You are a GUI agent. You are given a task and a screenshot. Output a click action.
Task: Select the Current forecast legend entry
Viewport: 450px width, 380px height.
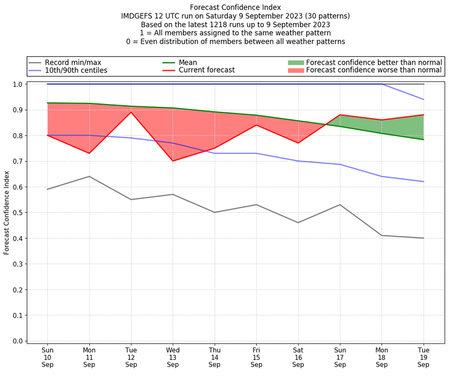(206, 70)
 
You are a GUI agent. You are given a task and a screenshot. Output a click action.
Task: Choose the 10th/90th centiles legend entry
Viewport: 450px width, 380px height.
(76, 70)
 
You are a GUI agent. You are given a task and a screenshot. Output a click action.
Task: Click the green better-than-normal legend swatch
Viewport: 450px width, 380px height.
(295, 62)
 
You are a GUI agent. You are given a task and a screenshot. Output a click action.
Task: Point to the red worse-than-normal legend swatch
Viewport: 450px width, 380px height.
(295, 70)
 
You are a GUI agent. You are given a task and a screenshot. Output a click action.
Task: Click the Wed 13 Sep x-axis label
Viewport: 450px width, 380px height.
(173, 357)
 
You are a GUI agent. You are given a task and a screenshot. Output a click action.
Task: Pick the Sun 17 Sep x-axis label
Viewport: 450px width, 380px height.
(340, 357)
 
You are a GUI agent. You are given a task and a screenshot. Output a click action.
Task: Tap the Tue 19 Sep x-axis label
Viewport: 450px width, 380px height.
(423, 357)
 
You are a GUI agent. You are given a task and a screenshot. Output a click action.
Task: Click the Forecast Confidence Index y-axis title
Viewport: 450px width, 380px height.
(7, 212)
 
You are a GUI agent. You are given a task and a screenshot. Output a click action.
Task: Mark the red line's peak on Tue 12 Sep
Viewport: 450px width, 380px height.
(131, 112)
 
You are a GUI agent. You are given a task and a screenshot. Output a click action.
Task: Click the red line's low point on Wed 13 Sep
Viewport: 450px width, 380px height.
(173, 161)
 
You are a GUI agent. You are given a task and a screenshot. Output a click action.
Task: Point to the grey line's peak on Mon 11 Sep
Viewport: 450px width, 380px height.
(89, 177)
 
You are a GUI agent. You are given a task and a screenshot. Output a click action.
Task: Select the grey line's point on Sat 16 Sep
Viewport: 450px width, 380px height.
(298, 223)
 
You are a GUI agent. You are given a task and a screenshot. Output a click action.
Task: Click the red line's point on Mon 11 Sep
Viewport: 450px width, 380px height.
(89, 153)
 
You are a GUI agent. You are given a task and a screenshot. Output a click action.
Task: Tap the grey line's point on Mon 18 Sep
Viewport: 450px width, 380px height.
(381, 236)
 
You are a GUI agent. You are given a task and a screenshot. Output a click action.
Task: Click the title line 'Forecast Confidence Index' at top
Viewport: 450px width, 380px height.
(235, 7)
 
